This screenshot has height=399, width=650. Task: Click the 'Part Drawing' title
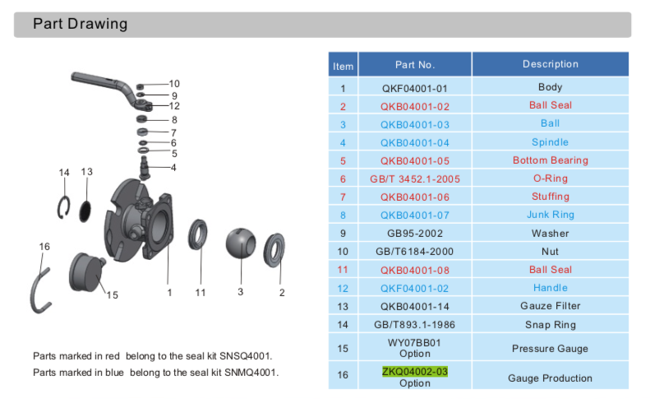pos(80,24)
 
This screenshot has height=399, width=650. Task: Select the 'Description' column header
pos(550,64)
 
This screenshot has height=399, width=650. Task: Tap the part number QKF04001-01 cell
pos(415,88)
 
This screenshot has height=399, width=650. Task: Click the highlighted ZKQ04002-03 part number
pos(415,372)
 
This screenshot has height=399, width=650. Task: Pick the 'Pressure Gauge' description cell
pos(550,348)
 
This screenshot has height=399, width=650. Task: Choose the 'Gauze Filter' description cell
pos(550,306)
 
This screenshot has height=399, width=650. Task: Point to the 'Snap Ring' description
pos(550,325)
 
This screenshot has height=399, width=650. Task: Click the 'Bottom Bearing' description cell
pos(550,160)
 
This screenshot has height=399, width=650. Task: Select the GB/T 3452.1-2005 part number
pos(415,179)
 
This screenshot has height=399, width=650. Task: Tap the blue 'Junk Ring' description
pos(550,215)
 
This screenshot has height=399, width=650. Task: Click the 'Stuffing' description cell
pos(550,197)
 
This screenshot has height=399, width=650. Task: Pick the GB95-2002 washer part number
pos(415,234)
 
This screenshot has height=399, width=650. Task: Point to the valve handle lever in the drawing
pos(103,82)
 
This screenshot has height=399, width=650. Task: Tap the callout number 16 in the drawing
pos(44,246)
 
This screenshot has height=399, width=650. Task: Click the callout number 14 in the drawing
pos(64,172)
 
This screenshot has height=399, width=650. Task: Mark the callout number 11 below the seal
pos(201,292)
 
